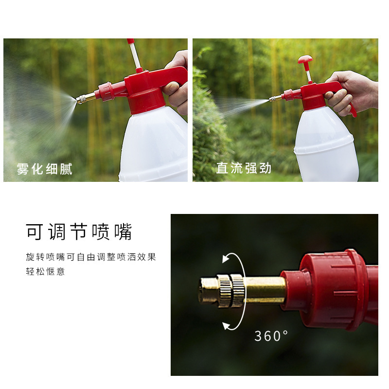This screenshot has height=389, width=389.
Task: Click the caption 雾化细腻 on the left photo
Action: point(45,169)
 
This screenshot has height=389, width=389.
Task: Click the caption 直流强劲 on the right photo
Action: point(244,168)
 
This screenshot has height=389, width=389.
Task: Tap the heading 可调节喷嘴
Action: point(79,231)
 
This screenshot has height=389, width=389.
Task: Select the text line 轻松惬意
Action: point(45,271)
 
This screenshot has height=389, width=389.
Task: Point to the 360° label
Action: point(271,336)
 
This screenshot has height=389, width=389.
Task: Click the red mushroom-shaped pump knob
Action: point(305,59)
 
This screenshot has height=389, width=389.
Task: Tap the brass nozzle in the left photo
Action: point(86,98)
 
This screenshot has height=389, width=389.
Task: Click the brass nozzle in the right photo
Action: point(275,99)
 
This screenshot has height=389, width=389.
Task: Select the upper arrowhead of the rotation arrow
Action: point(225,259)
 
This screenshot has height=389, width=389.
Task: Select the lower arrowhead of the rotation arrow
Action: point(226,326)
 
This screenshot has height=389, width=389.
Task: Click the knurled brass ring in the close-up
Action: point(230,291)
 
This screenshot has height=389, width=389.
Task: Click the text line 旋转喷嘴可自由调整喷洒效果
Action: point(91,257)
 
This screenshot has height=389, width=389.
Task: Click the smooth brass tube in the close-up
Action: point(265,290)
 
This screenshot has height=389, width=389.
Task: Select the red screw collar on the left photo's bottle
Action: point(146,101)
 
